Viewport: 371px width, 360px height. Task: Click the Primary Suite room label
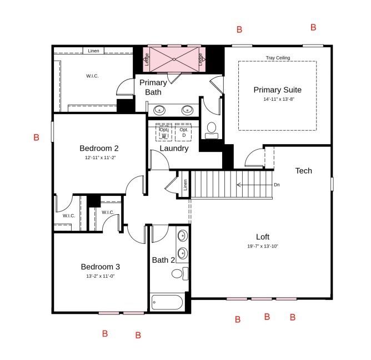pyautogui.click(x=277, y=90)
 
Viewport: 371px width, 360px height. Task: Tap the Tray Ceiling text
pyautogui.click(x=278, y=57)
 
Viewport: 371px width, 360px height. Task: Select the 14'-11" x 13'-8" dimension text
pyautogui.click(x=278, y=100)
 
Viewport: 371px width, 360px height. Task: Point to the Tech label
pyautogui.click(x=303, y=171)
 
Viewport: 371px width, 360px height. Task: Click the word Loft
pyautogui.click(x=263, y=236)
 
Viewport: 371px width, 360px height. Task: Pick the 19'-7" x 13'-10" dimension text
pyautogui.click(x=263, y=246)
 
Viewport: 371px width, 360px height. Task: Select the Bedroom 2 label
pyautogui.click(x=99, y=148)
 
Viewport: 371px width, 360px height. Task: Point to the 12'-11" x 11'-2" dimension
pyautogui.click(x=99, y=157)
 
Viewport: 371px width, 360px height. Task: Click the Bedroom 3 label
pyautogui.click(x=100, y=266)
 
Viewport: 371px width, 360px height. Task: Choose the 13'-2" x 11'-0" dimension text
pyautogui.click(x=100, y=275)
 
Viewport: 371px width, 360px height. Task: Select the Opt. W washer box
pyautogui.click(x=164, y=132)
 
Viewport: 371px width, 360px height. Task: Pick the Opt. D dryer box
pyautogui.click(x=184, y=132)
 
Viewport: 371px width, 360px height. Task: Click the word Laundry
pyautogui.click(x=174, y=149)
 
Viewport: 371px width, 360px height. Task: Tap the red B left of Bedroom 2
pyautogui.click(x=36, y=137)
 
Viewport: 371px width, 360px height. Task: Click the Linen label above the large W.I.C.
pyautogui.click(x=94, y=51)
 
